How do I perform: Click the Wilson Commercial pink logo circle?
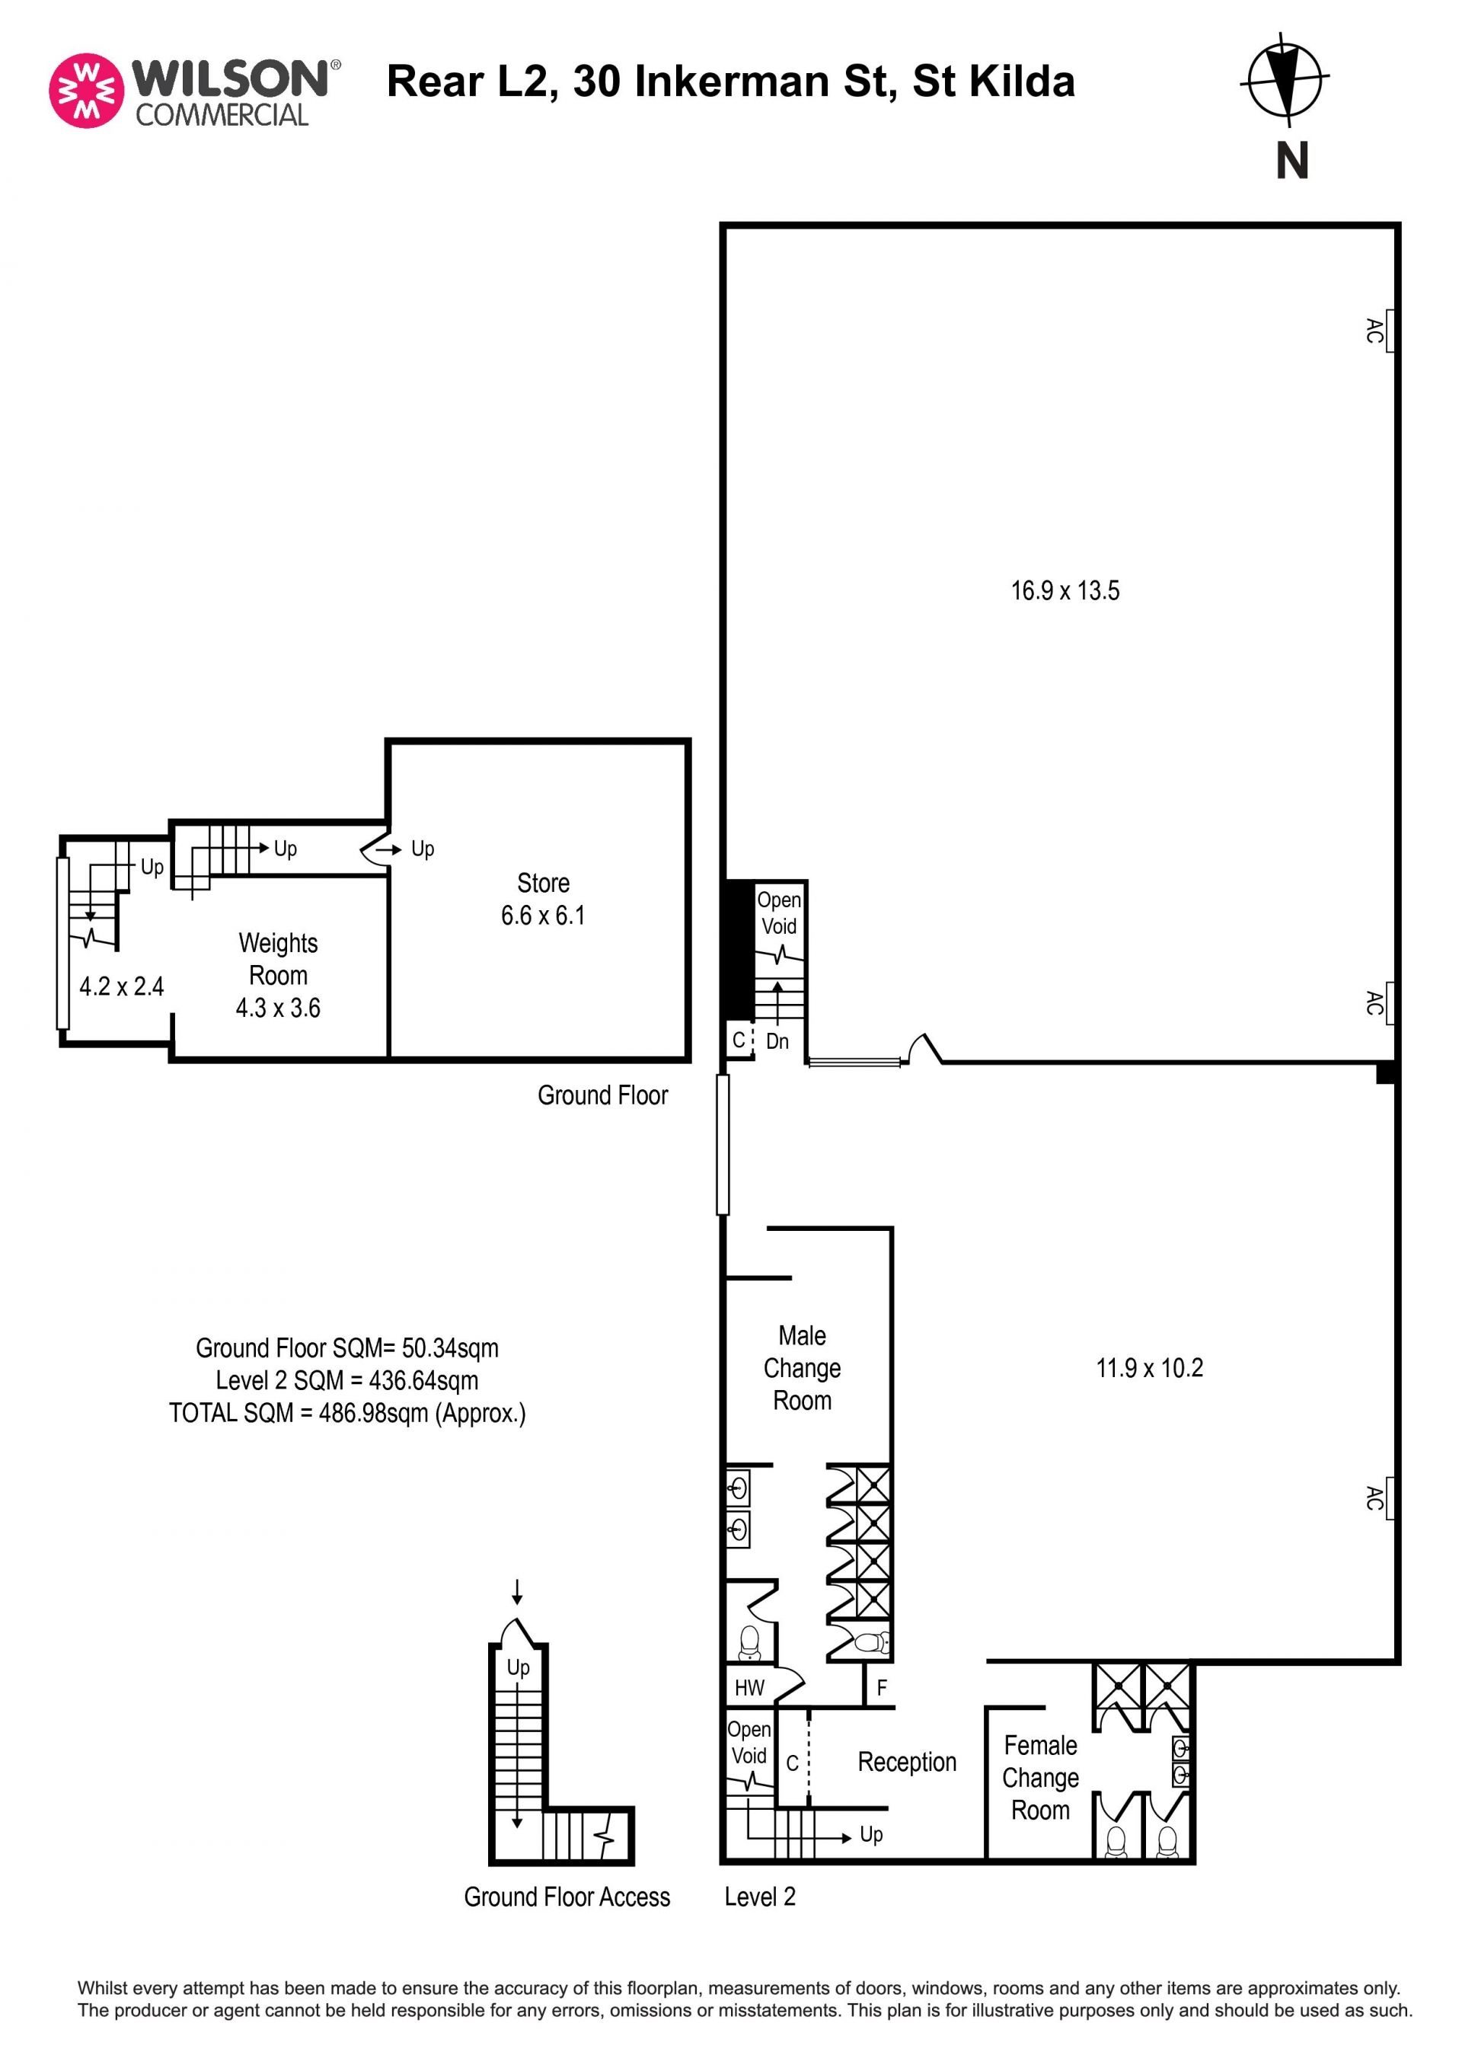[86, 90]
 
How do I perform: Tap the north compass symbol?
[1285, 80]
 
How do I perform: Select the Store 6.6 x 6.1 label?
[543, 899]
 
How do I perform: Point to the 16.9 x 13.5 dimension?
[1065, 591]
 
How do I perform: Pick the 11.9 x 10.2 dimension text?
[1150, 1368]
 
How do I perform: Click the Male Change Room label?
[802, 1368]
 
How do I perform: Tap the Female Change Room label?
[1041, 1778]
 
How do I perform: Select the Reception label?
[907, 1762]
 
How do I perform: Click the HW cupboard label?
[749, 1688]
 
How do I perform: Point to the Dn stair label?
[777, 1041]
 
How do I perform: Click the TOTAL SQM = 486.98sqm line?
[347, 1413]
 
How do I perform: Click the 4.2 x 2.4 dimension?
[122, 986]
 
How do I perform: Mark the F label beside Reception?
[881, 1688]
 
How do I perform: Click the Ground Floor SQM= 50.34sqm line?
[347, 1348]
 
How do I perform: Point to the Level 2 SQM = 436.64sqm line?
[347, 1381]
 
